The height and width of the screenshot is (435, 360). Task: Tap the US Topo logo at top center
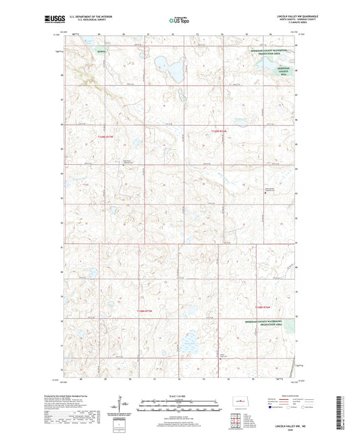click(x=178, y=21)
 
